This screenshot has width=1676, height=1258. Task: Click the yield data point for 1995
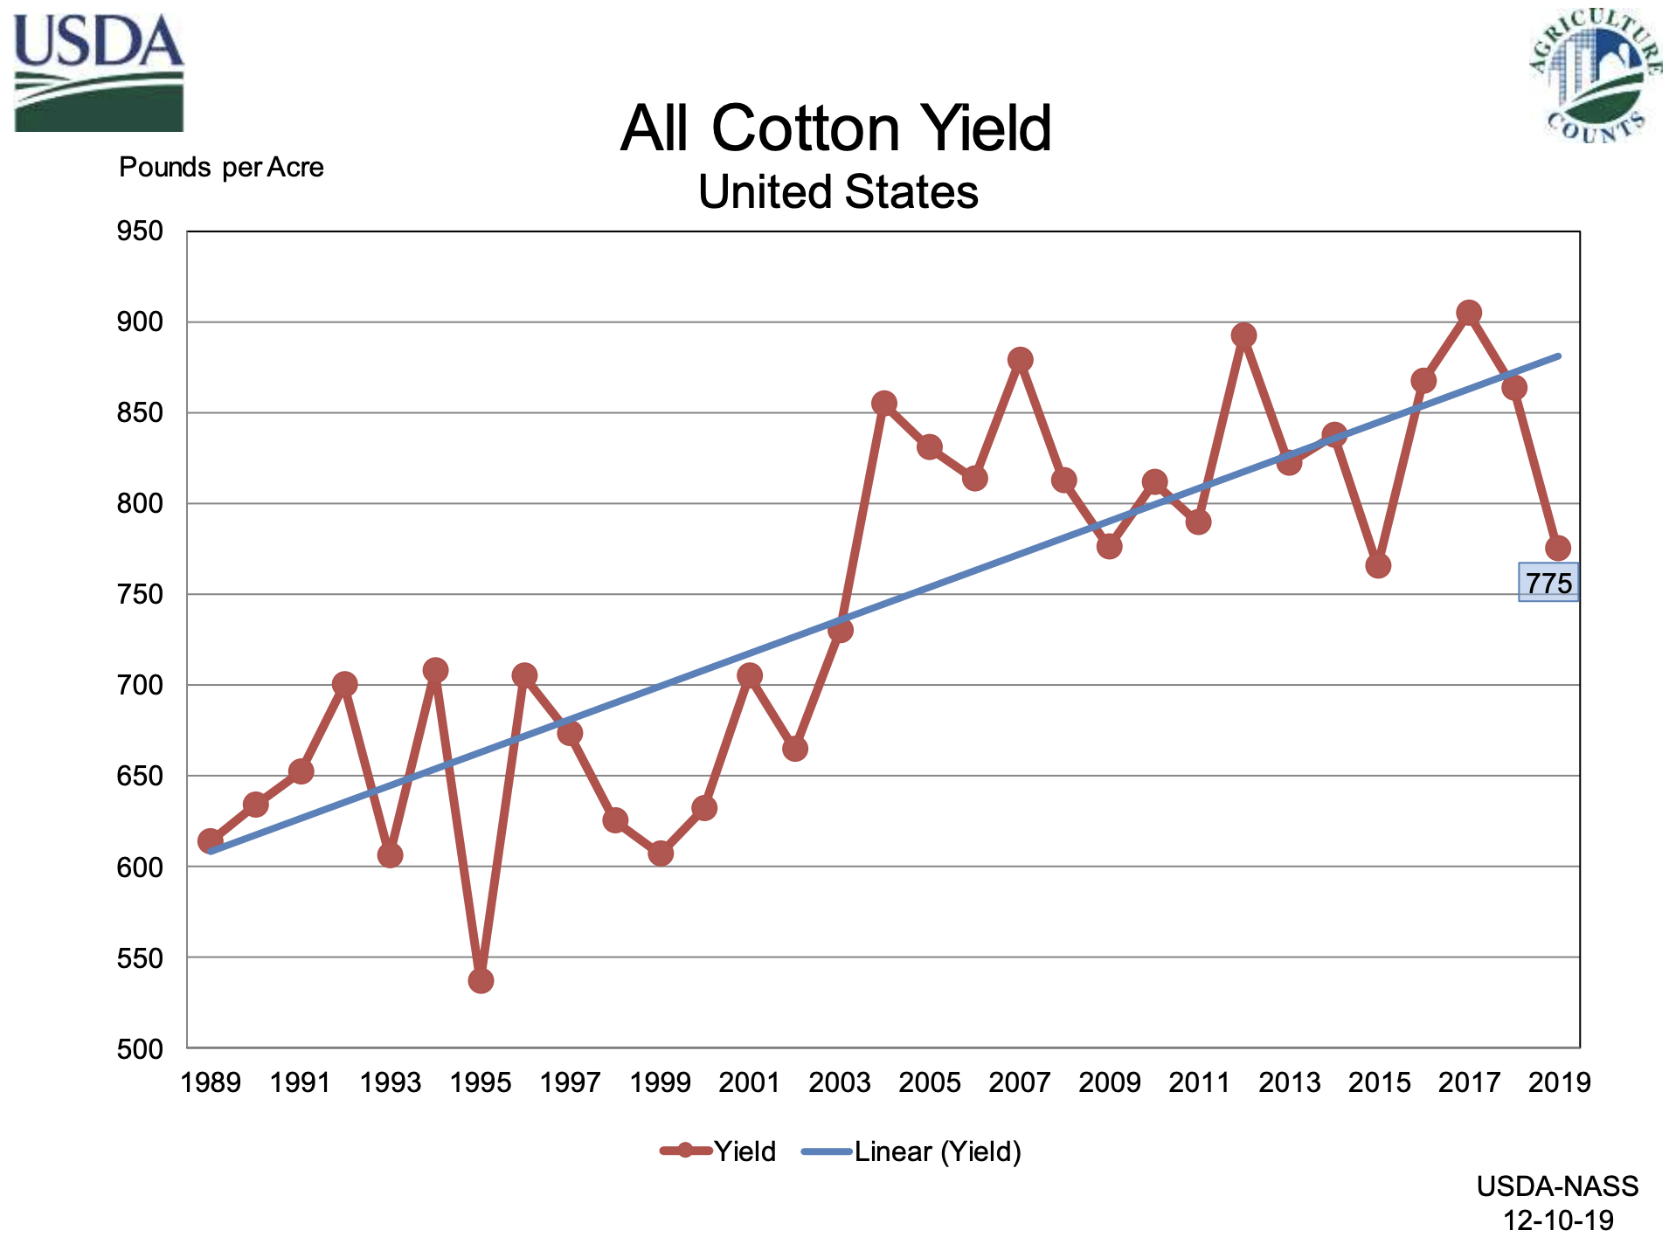click(481, 981)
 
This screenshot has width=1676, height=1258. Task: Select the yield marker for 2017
click(1469, 313)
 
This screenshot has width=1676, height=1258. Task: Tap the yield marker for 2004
click(883, 404)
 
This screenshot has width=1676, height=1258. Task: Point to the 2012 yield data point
click(1243, 335)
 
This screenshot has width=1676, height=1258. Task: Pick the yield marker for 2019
click(1558, 549)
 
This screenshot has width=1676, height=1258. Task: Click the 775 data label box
click(1548, 583)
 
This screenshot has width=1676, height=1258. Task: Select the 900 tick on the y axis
click(140, 322)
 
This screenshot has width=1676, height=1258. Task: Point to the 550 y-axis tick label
click(140, 958)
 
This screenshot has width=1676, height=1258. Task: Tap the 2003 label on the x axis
click(840, 1083)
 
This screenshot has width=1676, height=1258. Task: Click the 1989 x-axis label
click(211, 1083)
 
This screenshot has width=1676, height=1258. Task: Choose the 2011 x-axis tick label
click(1199, 1083)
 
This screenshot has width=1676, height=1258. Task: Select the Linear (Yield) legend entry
click(912, 1151)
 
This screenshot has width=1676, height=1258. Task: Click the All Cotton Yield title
click(836, 128)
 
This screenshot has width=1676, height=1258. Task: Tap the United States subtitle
click(838, 192)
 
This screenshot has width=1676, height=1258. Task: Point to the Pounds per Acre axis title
click(221, 167)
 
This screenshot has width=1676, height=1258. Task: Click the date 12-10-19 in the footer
click(1557, 1220)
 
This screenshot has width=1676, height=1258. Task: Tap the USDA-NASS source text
click(1557, 1186)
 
